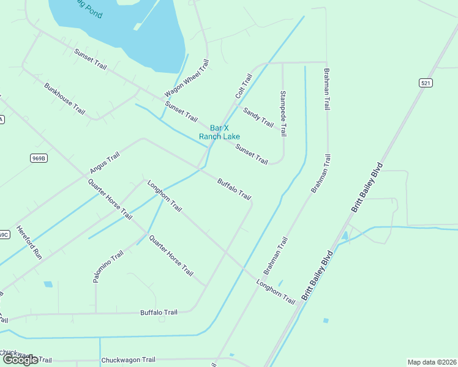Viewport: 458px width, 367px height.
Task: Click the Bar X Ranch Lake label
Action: [219, 132]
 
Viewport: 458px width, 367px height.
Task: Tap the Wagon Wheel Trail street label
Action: [187, 78]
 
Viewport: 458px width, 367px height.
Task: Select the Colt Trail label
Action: [244, 86]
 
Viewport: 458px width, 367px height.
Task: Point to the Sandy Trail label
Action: [258, 117]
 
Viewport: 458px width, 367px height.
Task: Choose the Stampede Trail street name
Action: [283, 114]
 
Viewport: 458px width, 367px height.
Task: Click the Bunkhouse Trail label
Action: [64, 98]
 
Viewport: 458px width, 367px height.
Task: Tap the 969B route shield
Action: [38, 158]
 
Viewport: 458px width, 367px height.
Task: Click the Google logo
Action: [20, 360]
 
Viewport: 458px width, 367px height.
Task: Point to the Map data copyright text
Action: [432, 362]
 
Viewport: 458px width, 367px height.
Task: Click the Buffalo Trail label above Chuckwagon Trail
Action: [159, 313]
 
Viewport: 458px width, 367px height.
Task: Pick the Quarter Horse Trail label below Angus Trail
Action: [110, 199]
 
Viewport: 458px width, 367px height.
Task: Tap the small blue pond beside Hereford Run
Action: [48, 284]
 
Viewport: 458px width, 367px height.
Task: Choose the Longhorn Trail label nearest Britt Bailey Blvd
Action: [276, 292]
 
